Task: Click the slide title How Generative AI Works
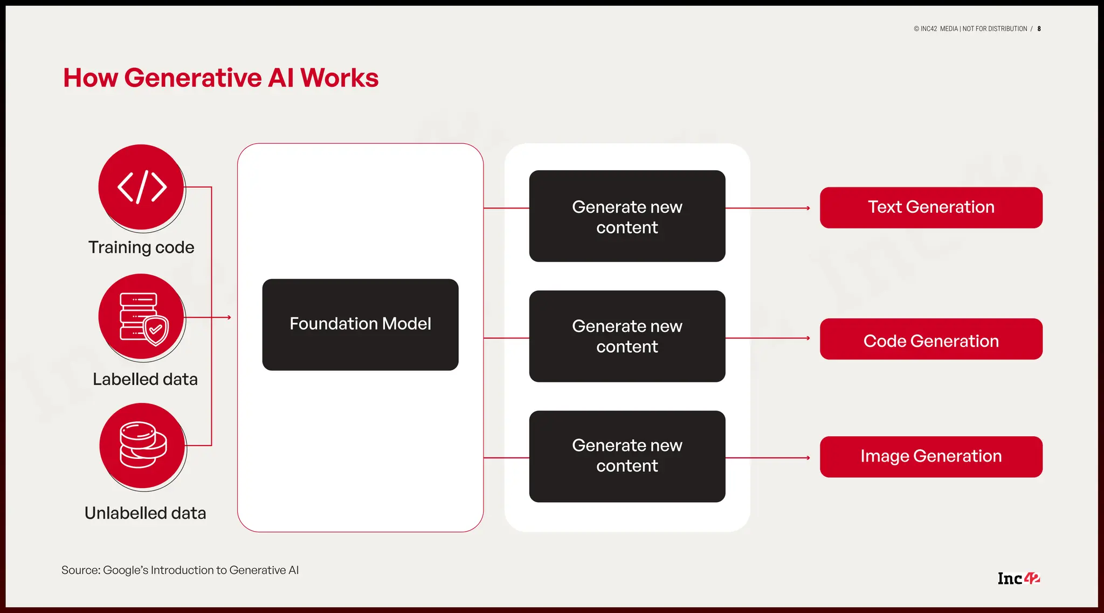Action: coord(220,78)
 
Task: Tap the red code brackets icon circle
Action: coord(142,187)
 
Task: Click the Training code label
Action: coord(141,247)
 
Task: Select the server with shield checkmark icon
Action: coord(142,317)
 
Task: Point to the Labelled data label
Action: coord(145,379)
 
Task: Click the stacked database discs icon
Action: coord(143,445)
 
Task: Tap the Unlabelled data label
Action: coord(145,513)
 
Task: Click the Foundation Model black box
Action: coord(360,324)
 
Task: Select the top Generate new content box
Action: coord(627,217)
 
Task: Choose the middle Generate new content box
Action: coord(627,336)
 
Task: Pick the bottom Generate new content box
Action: coord(627,456)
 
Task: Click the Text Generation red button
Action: coord(931,207)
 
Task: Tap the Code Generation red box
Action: coord(931,339)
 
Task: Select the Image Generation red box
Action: coord(931,457)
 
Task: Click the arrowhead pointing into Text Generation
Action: coord(808,208)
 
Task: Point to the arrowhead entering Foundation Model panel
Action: coord(229,317)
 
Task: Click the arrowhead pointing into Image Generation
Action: coord(808,458)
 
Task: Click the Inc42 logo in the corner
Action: coord(1018,578)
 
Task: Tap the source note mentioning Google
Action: coord(180,570)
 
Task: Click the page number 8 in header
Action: coord(1039,29)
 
